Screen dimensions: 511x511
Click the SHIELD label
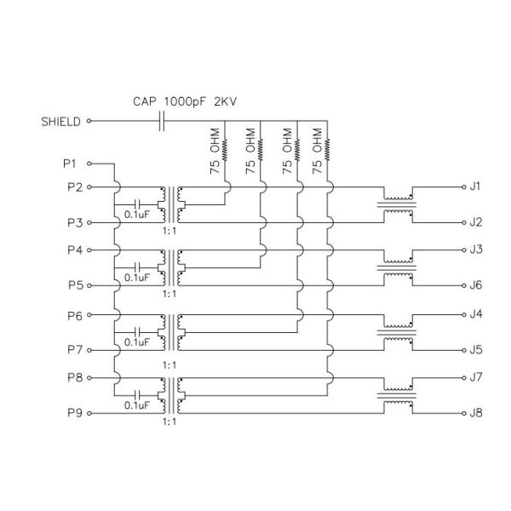pyautogui.click(x=60, y=121)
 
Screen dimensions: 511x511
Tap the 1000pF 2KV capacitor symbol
pyautogui.click(x=162, y=121)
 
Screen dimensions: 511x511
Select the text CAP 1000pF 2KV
pyautogui.click(x=185, y=101)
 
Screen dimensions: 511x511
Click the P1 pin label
pyautogui.click(x=70, y=162)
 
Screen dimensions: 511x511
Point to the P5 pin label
pyautogui.click(x=74, y=285)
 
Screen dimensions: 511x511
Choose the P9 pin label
pyautogui.click(x=74, y=413)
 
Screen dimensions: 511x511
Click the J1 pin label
pyautogui.click(x=476, y=186)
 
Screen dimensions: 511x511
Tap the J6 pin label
pyautogui.click(x=476, y=285)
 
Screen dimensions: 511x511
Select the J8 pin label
pyautogui.click(x=476, y=413)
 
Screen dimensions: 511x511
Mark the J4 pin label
pyautogui.click(x=476, y=315)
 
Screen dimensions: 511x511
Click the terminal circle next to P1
pyautogui.click(x=89, y=162)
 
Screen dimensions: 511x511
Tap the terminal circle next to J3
pyautogui.click(x=461, y=250)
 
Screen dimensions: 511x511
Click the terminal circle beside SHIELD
pyautogui.click(x=89, y=121)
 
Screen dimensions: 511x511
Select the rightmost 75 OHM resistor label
pyautogui.click(x=317, y=152)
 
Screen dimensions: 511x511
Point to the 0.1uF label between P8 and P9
pyautogui.click(x=136, y=405)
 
